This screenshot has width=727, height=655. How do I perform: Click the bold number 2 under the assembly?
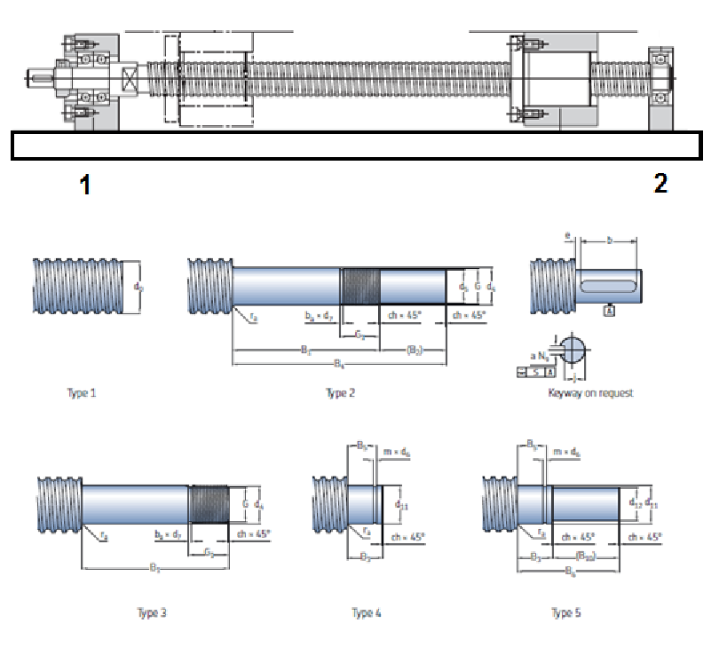[x=660, y=183]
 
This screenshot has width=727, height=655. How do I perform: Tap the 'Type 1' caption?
[x=81, y=392]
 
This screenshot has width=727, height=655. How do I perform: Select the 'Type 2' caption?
[x=340, y=392]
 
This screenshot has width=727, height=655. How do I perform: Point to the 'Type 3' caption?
[x=153, y=612]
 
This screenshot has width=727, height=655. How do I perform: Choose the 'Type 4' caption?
[x=367, y=612]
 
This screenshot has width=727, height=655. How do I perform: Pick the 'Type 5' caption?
[x=566, y=612]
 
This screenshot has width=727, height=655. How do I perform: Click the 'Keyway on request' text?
[x=590, y=392]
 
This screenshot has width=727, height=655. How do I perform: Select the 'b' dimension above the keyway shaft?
[x=608, y=240]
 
